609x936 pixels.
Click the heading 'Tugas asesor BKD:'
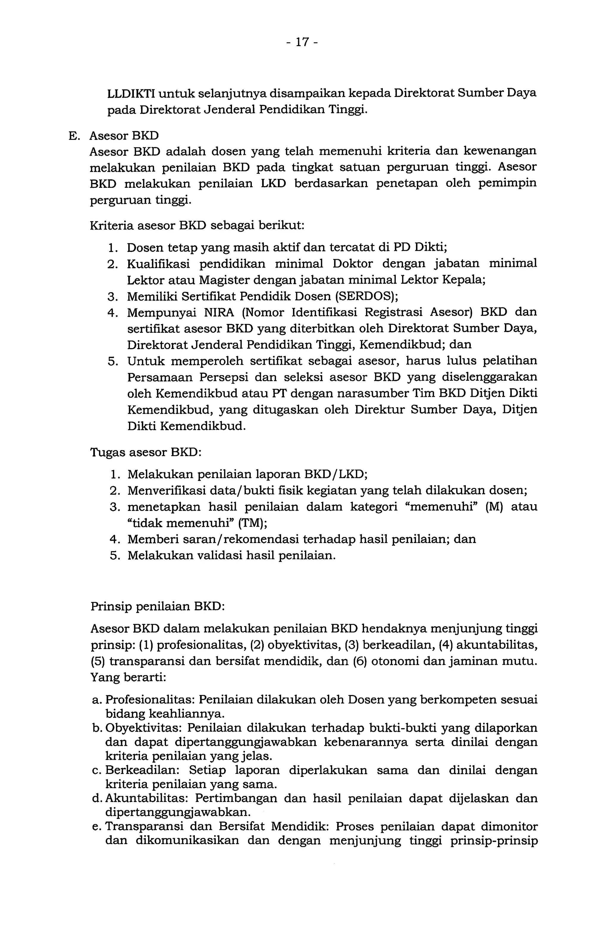click(x=146, y=452)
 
